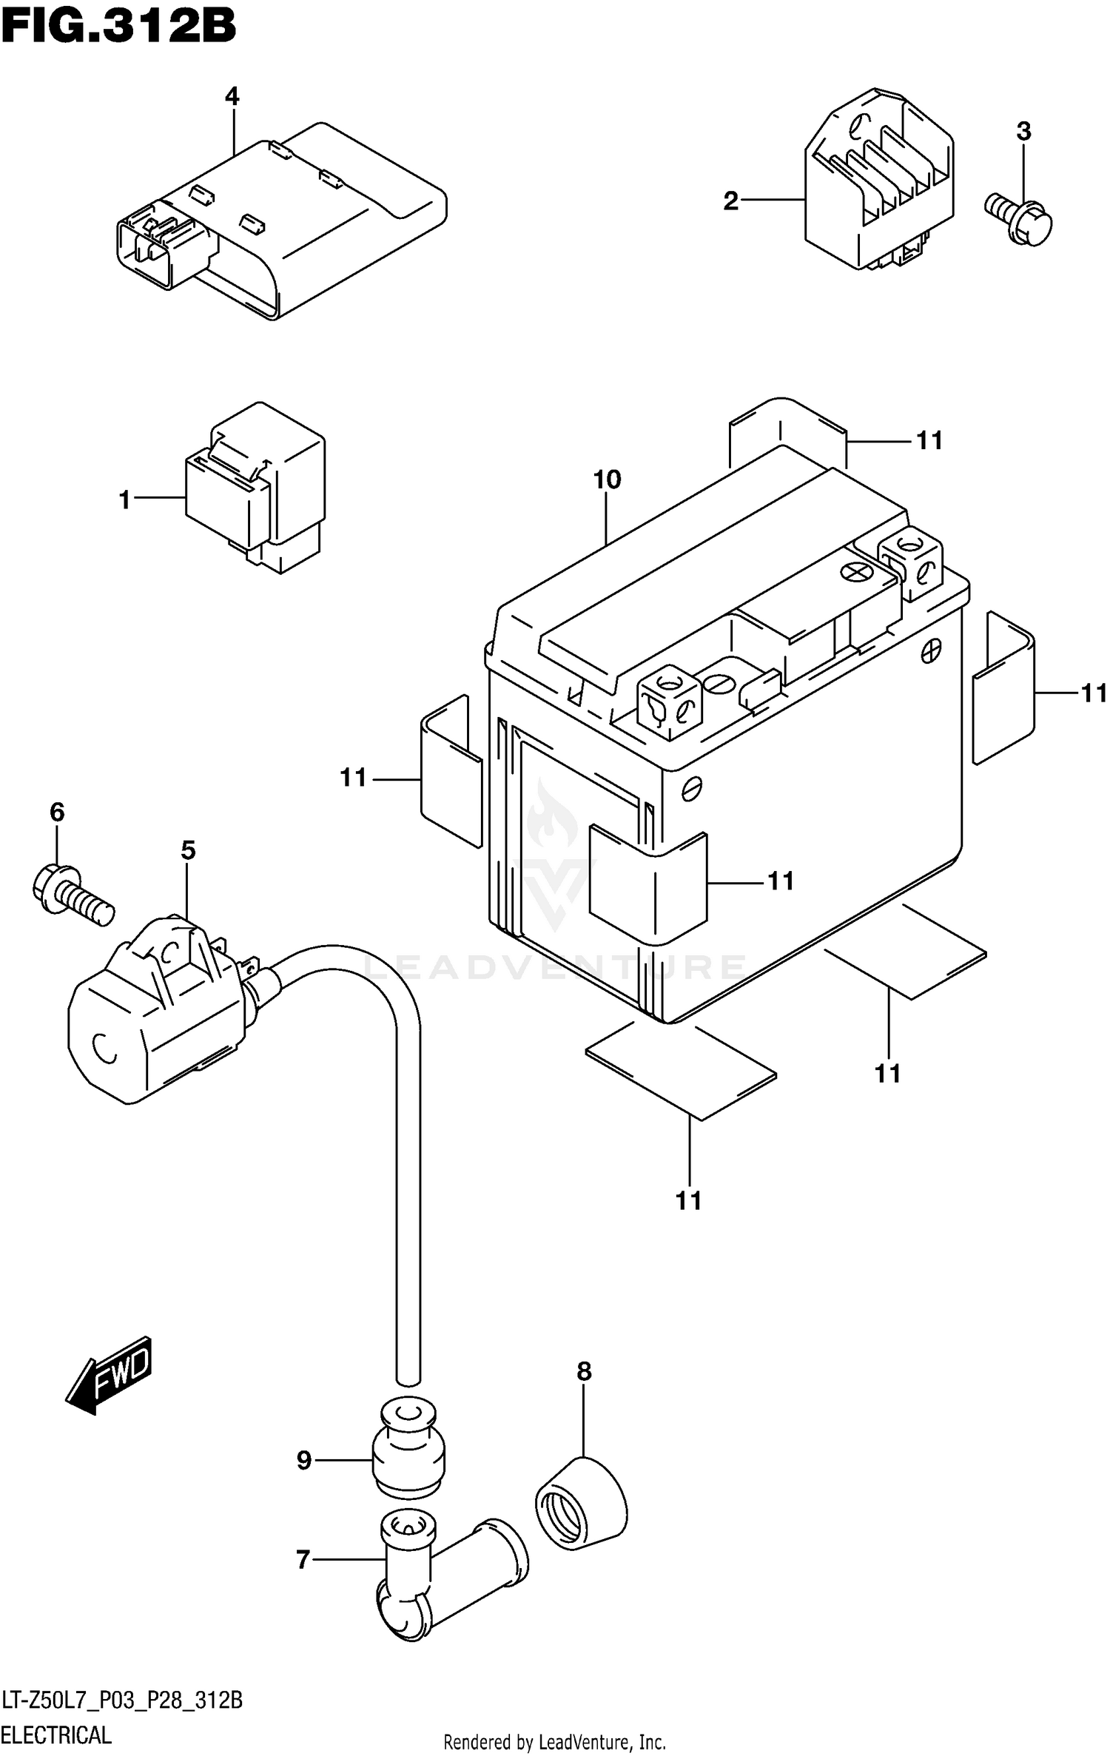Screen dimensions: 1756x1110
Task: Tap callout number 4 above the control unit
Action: (x=232, y=96)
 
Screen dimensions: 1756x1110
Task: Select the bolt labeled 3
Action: (x=1020, y=218)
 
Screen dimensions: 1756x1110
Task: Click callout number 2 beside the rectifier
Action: (x=731, y=201)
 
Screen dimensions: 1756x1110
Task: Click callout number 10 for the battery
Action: (x=607, y=480)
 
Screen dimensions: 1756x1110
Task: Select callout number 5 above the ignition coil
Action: (x=188, y=850)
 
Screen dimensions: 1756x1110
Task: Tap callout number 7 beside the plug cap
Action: (x=303, y=1559)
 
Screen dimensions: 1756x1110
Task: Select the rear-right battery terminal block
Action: (x=910, y=562)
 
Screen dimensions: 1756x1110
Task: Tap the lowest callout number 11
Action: (x=688, y=1200)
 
